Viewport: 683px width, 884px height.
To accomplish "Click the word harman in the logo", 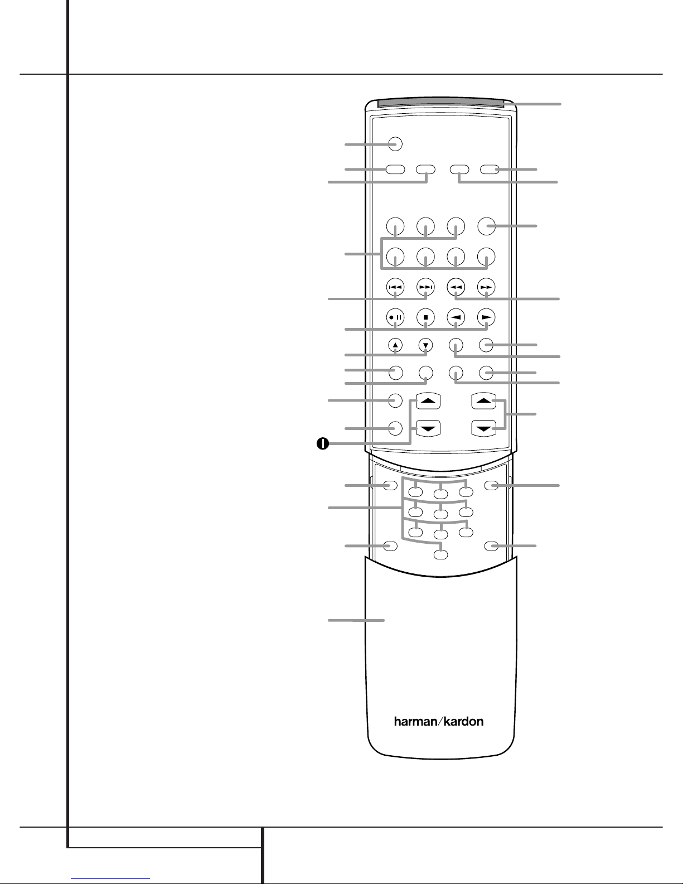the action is coord(415,722).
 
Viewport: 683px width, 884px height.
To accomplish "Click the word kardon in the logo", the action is coord(463,722).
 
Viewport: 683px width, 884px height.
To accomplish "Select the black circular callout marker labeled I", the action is coord(323,443).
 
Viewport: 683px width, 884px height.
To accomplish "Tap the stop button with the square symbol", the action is coord(425,317).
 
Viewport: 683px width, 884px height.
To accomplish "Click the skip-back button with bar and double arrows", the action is coord(395,287).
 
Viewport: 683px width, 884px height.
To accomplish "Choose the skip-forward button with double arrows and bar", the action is coord(425,287).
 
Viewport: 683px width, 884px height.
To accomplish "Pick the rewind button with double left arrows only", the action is coord(456,287).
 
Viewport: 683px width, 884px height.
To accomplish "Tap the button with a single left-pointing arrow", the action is coord(456,317).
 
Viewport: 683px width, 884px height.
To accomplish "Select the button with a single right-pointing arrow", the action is coord(486,317).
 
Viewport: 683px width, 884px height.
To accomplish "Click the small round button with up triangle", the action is coord(395,345).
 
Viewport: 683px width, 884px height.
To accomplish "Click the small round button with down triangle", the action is coord(425,345).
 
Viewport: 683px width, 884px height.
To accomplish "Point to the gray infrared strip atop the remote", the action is coord(440,103).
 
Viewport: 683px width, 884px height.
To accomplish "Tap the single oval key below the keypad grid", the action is coord(440,554).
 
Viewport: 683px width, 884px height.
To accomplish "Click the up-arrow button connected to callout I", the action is coord(428,400).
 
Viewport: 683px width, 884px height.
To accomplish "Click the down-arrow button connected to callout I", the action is coord(428,428).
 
